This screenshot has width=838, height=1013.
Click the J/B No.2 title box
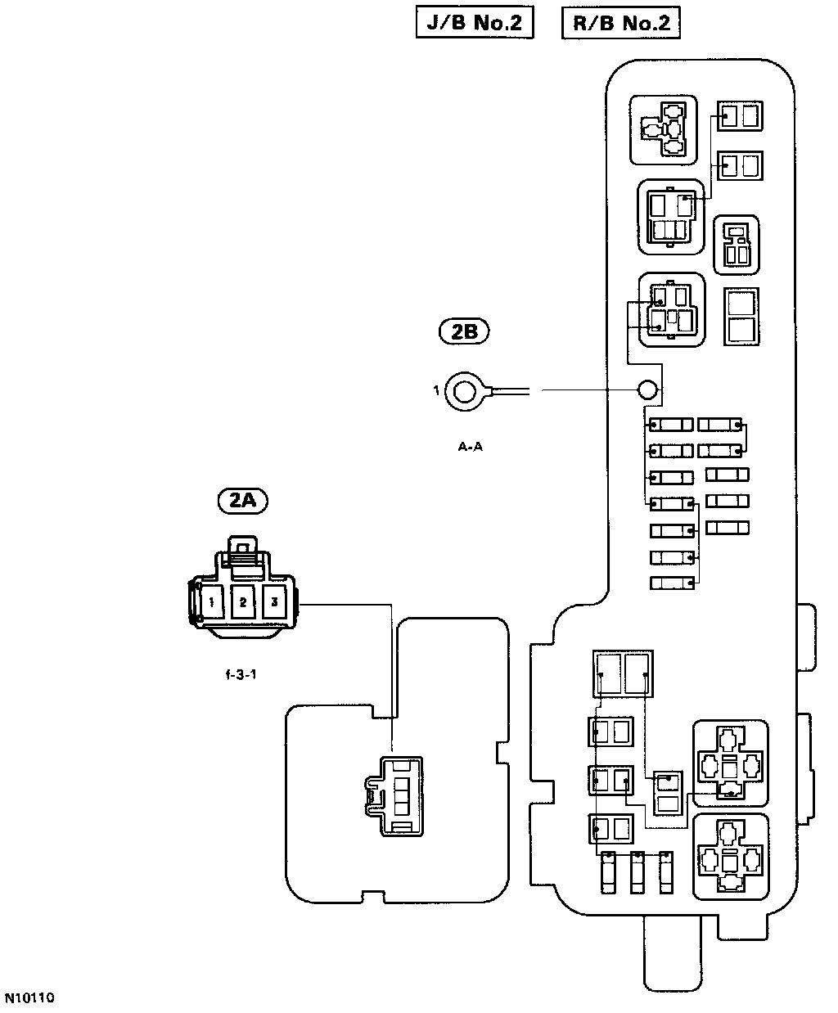coord(475,23)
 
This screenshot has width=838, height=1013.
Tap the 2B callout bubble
coord(464,331)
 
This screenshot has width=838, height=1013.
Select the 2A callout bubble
coord(243,500)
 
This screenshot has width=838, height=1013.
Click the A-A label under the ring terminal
coord(470,447)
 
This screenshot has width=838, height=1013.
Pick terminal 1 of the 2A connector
coord(211,603)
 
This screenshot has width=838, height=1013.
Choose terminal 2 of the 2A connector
coord(243,603)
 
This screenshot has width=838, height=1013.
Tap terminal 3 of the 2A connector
coord(274,603)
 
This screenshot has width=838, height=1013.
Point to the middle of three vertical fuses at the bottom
coord(638,875)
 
